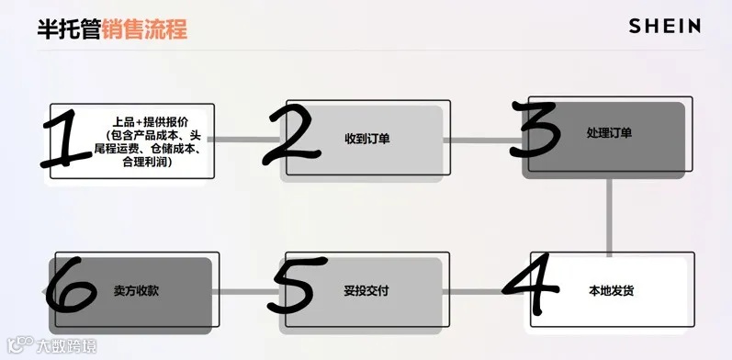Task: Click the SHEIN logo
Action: coord(664,27)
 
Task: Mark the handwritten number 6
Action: coord(72,289)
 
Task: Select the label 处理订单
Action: coord(608,133)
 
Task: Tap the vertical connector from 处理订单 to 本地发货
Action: coord(610,213)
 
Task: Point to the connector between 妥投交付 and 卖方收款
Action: coord(248,293)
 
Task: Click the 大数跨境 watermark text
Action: coord(65,347)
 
